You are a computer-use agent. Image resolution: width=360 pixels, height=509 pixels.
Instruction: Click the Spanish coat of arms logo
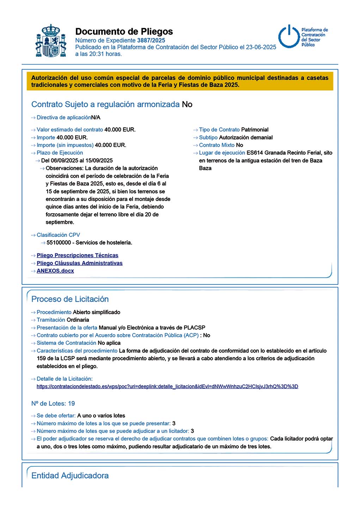(x=51, y=41)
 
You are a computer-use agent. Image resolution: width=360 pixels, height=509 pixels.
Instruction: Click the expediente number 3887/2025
(x=151, y=41)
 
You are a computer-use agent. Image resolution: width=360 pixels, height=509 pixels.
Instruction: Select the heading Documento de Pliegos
(x=124, y=32)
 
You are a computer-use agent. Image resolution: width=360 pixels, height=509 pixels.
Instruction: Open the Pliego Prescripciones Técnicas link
(x=78, y=255)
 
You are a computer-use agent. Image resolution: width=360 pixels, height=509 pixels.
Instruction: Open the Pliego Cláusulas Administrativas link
(x=80, y=263)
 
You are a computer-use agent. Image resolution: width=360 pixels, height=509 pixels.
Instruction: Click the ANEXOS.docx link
(x=55, y=271)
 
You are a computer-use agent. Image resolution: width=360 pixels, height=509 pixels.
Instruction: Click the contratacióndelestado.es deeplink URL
(x=167, y=386)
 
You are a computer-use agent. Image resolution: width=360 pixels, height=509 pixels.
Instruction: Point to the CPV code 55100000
(x=59, y=243)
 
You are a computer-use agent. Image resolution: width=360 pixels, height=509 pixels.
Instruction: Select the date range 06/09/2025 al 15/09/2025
(x=77, y=160)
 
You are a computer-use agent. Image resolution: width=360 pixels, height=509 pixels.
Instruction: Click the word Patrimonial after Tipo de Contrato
(x=255, y=130)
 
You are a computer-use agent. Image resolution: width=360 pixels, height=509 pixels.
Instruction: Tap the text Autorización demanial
(x=246, y=137)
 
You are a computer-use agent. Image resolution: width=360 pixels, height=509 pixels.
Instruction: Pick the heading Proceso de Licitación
(x=70, y=299)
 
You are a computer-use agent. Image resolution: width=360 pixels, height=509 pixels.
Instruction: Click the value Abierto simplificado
(x=96, y=312)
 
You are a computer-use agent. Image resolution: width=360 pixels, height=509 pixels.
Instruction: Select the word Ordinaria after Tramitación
(x=78, y=320)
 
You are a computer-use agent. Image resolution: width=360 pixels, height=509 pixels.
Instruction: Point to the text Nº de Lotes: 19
(x=53, y=404)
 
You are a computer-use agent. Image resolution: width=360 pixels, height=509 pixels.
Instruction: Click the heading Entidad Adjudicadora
(x=70, y=476)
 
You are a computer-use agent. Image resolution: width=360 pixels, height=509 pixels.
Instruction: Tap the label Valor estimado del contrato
(x=70, y=130)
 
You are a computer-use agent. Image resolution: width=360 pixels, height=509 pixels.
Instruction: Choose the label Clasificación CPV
(x=58, y=235)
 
